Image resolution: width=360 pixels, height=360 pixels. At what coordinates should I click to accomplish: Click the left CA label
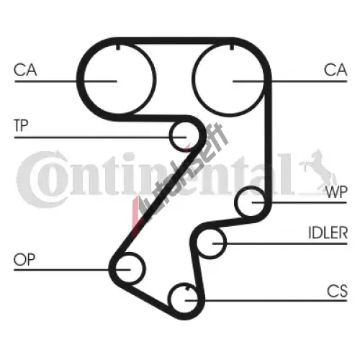coord(25,70)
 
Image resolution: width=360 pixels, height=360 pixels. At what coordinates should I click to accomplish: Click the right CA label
coord(336,70)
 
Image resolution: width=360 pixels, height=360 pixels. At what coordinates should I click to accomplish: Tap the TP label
coord(21,125)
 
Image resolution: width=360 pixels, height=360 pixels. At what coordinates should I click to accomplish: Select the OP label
coord(24,259)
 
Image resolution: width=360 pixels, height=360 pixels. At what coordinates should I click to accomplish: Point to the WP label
coord(336,192)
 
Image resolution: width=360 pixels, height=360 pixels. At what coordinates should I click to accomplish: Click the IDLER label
coord(328,233)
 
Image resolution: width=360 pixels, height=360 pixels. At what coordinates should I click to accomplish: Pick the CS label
coord(337,291)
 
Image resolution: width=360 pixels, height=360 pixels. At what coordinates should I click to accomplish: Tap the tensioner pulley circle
coord(170,137)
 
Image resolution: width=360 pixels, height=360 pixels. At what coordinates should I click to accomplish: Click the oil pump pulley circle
coord(145,268)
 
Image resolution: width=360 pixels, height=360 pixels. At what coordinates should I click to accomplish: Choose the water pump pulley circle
coord(235,202)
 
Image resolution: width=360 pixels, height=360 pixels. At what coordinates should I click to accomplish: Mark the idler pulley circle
coord(225,243)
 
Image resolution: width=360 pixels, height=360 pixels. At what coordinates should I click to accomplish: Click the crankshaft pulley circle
coord(169,299)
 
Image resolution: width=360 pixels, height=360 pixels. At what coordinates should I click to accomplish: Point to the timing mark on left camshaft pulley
coord(118,47)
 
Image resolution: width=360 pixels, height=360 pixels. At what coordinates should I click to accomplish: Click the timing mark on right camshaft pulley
coord(232,47)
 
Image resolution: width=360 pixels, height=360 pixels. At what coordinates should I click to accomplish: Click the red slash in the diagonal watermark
coord(137,215)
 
